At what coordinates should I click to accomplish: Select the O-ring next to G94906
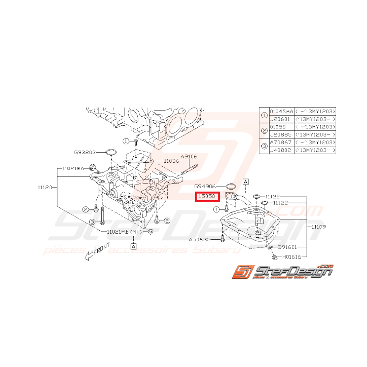point(231,186)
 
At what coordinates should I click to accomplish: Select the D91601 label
point(287,247)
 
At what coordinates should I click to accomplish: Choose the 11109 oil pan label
point(318,227)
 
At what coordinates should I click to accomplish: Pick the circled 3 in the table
point(264,146)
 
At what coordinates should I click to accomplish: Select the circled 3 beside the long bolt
point(92,222)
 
